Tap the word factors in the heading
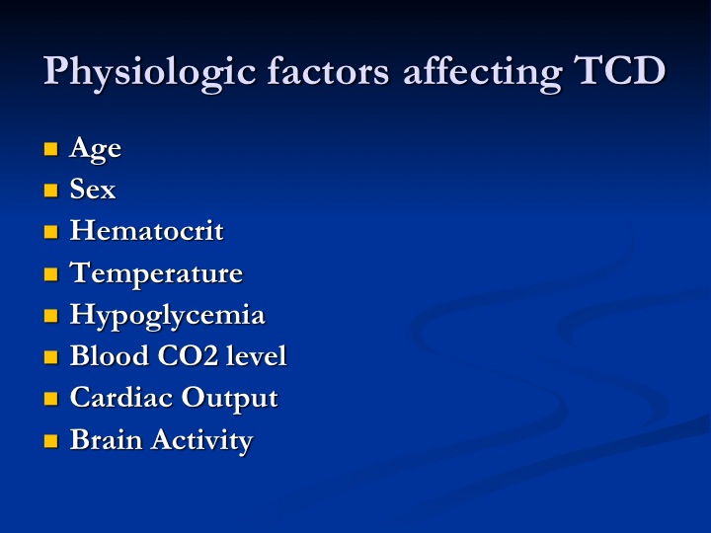[x=328, y=71]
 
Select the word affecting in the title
[x=483, y=73]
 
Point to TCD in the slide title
[x=619, y=71]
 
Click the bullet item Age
[x=95, y=149]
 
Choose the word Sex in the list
[x=93, y=189]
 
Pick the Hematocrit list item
[x=146, y=230]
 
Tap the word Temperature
[x=156, y=273]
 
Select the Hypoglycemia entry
[x=167, y=316]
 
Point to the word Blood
[x=110, y=355]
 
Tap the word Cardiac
[x=121, y=398]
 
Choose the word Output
[x=229, y=399]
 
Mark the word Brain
[x=106, y=439]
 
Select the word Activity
[x=201, y=440]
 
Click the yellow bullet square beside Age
[x=50, y=149]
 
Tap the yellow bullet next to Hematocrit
[x=50, y=232]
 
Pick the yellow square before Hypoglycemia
[x=50, y=316]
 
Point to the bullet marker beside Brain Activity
[x=50, y=441]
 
